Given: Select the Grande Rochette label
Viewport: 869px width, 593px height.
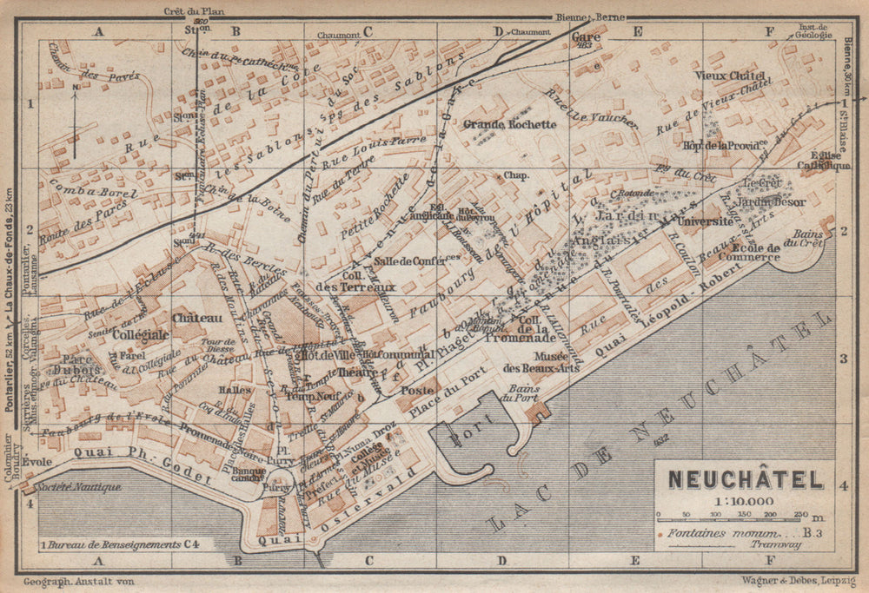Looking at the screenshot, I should pyautogui.click(x=510, y=124).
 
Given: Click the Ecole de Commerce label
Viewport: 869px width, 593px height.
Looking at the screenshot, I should pyautogui.click(x=727, y=252).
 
